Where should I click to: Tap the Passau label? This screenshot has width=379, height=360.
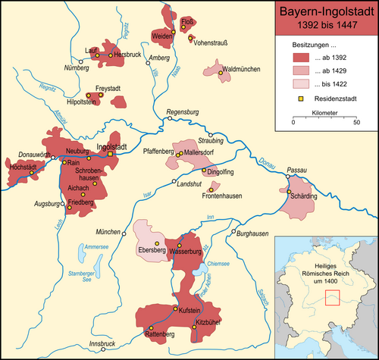tap(299, 172)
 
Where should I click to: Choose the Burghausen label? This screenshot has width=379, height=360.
tap(251, 235)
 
